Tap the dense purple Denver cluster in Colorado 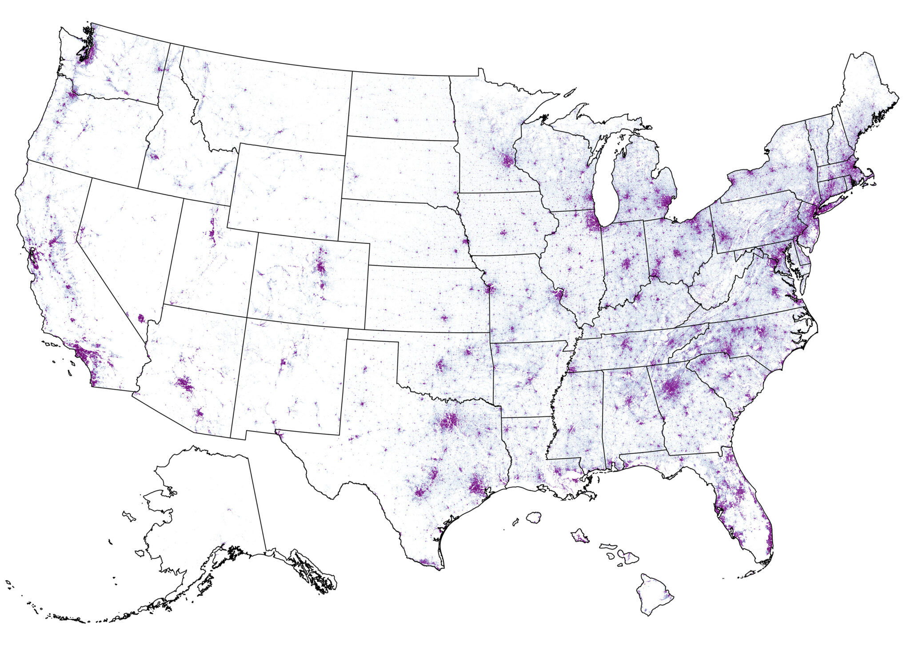[320, 267]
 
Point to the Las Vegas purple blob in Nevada [141, 318]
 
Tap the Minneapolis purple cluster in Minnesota [507, 160]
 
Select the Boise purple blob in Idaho [154, 157]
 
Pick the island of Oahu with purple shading [580, 536]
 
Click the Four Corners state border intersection [247, 317]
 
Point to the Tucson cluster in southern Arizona [199, 413]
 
